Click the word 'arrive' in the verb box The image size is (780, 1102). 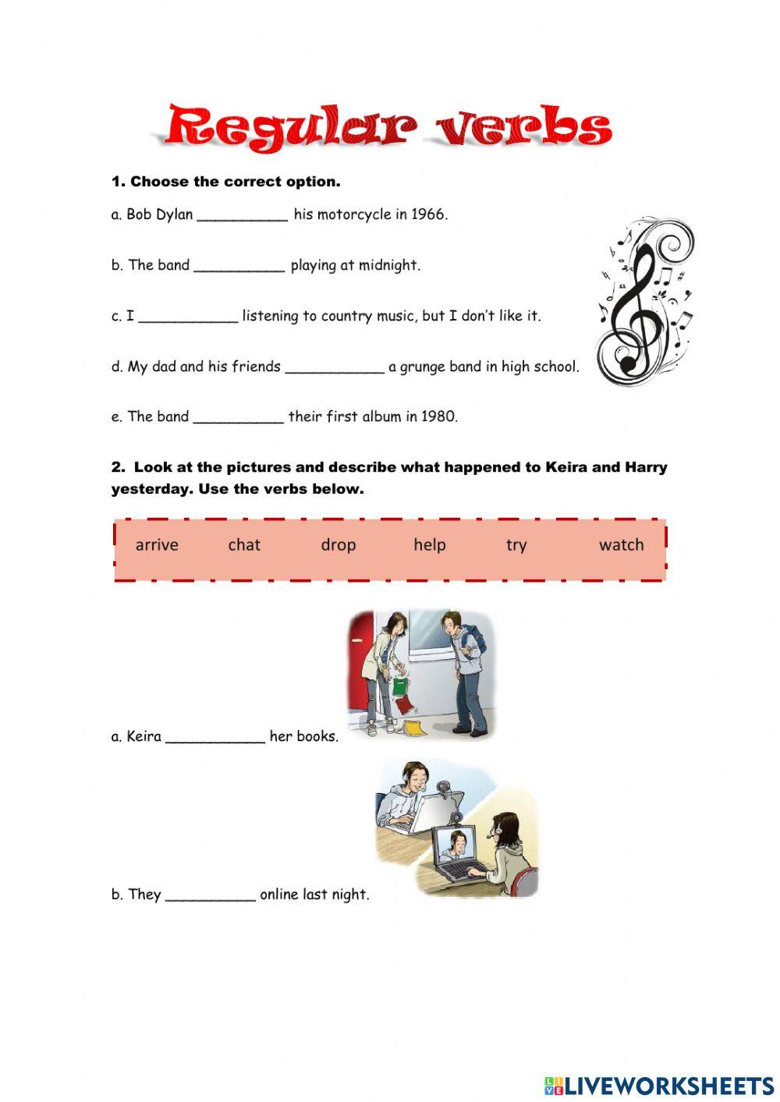(157, 544)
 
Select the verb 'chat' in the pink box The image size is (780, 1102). (244, 544)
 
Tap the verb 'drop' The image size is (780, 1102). (338, 544)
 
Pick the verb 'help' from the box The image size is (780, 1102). (430, 544)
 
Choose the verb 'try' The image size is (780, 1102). (516, 545)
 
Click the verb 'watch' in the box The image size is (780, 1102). (621, 544)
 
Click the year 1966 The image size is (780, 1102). (429, 214)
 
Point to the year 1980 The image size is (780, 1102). (439, 416)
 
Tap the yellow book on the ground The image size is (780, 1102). (413, 727)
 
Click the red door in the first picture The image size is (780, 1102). (362, 663)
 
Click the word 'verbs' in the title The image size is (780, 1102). (523, 126)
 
